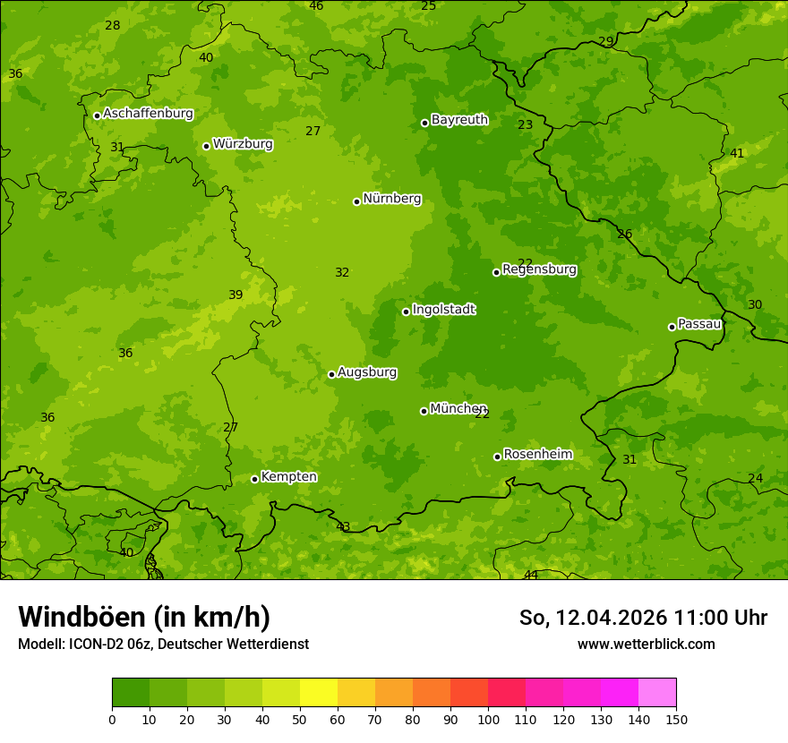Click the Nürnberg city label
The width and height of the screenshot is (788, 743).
391,199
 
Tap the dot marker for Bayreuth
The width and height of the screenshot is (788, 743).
424,123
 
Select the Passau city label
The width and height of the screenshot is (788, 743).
698,324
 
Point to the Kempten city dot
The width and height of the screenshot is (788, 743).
254,479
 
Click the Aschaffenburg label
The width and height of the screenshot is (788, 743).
148,114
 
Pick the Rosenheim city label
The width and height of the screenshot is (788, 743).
537,455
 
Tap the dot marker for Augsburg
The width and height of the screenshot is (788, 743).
331,374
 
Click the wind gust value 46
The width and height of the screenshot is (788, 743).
316,6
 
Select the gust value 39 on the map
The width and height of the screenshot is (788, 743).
236,295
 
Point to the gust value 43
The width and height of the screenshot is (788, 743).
343,526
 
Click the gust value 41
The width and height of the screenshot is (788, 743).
737,153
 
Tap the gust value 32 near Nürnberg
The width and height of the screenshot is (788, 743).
342,272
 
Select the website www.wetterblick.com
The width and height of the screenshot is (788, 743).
646,644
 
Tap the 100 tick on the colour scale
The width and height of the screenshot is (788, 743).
488,719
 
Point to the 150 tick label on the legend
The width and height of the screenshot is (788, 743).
676,719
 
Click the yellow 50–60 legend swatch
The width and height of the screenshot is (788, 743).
319,693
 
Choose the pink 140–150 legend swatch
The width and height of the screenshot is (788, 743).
657,693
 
